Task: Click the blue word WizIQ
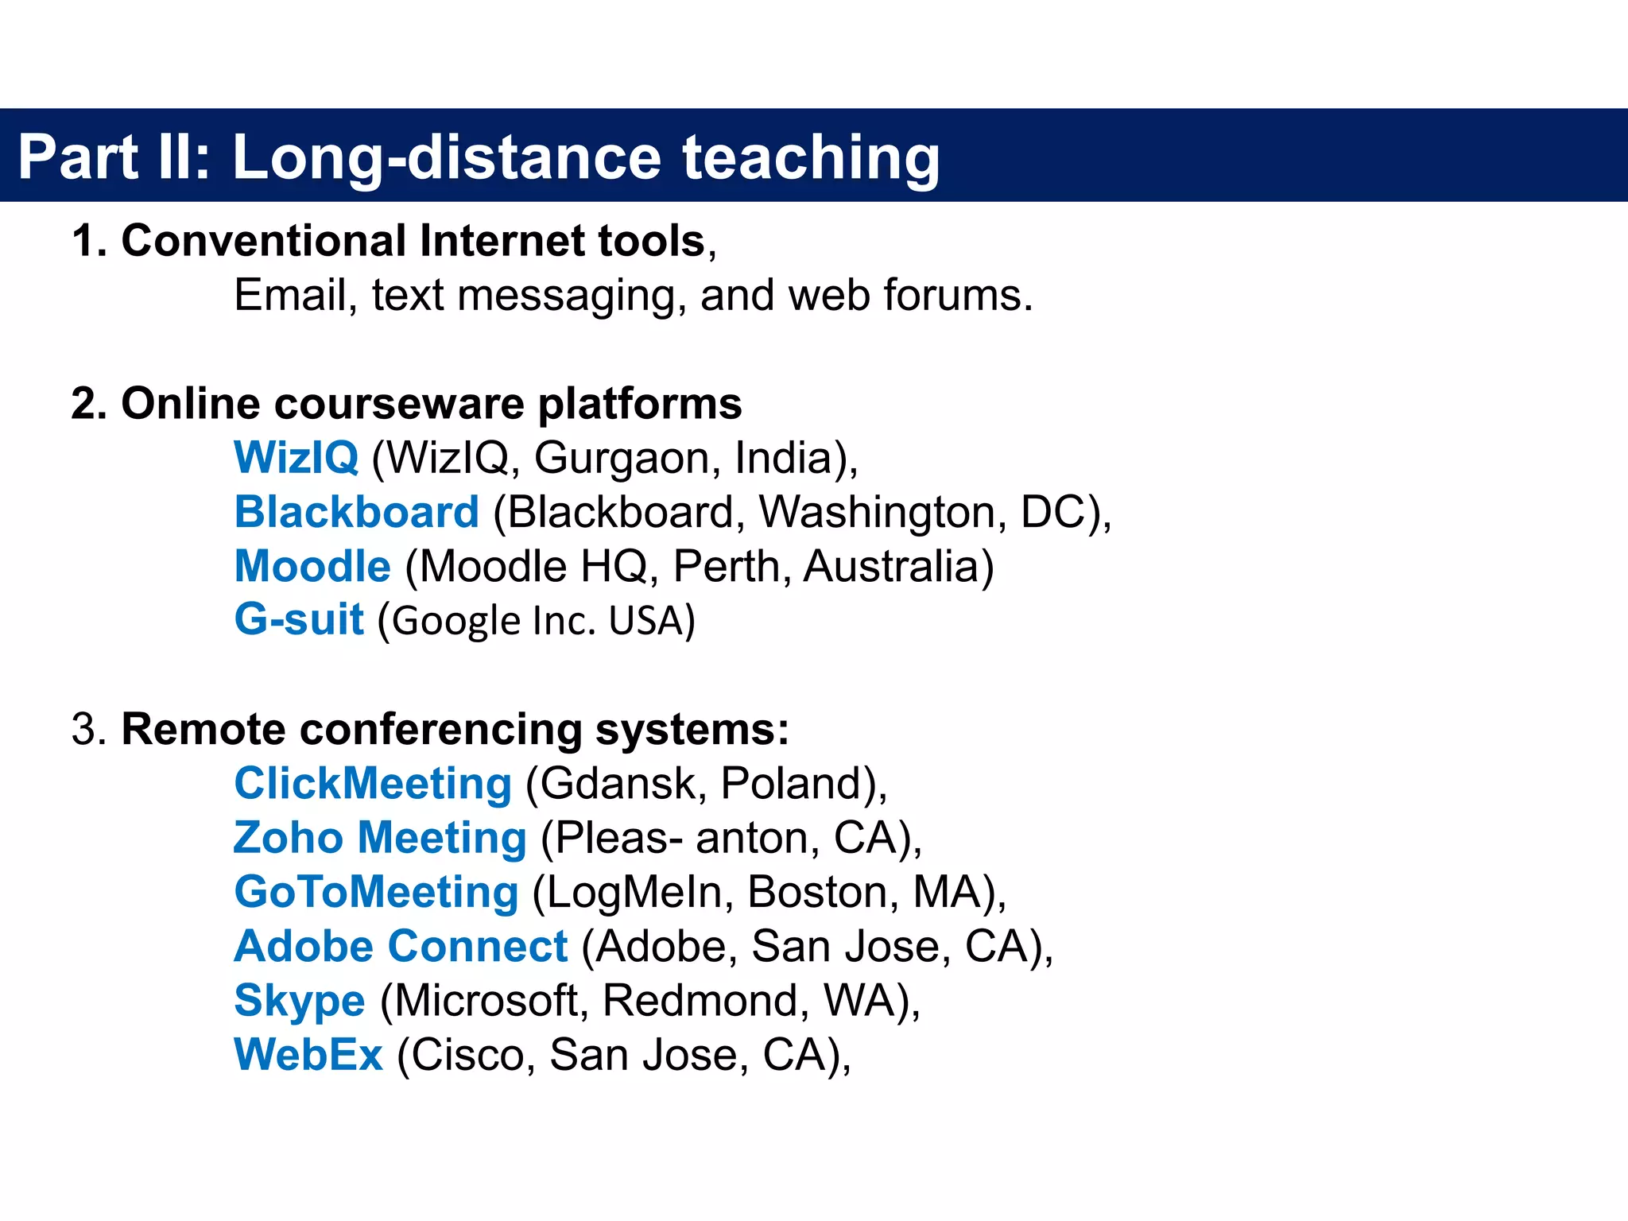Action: pos(296,458)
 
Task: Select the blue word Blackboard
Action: pos(356,512)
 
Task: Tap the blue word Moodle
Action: pos(312,566)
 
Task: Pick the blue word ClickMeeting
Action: pos(372,784)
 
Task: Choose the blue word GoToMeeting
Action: pos(376,892)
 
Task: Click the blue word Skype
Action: pos(299,1001)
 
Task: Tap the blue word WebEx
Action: pos(308,1055)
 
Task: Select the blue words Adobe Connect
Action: pos(401,946)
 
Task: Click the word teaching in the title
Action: pos(811,157)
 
